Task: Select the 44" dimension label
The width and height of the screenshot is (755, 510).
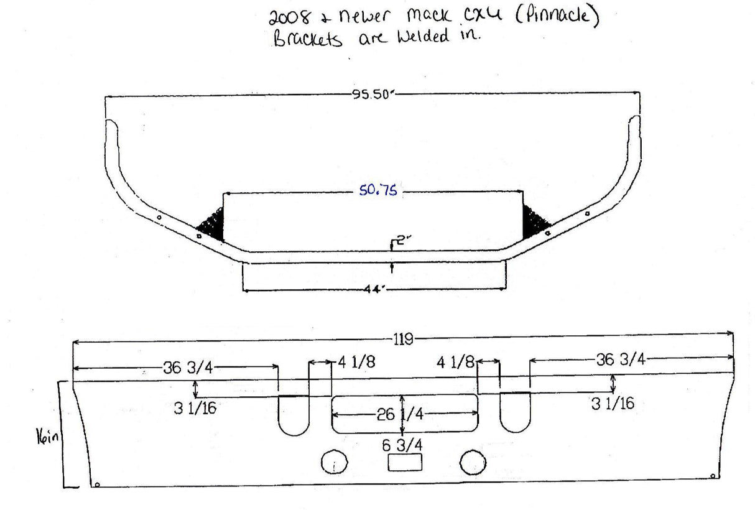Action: click(x=374, y=289)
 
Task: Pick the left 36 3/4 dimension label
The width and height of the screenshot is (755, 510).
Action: click(x=188, y=368)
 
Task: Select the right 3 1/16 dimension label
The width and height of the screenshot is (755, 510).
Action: click(x=613, y=404)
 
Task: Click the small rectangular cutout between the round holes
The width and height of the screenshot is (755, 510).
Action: click(x=405, y=462)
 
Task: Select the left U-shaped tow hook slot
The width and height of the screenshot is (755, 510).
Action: click(x=294, y=414)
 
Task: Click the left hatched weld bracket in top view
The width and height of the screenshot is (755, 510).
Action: click(x=212, y=225)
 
